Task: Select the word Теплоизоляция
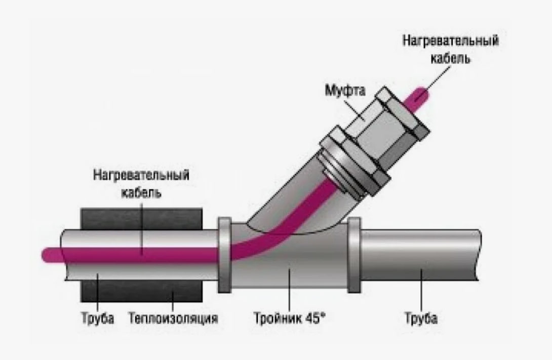(173, 319)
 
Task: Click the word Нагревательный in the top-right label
(450, 41)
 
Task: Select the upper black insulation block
(142, 218)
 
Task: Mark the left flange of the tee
(224, 256)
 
